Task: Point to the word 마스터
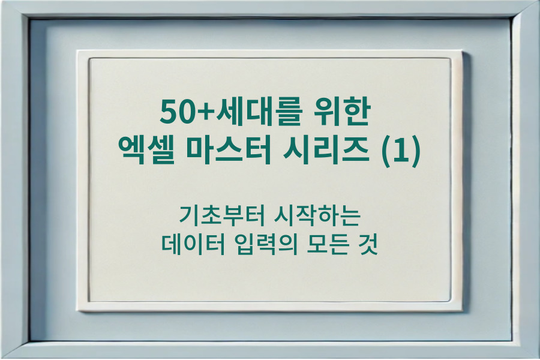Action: coord(225,149)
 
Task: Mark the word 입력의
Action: coord(263,245)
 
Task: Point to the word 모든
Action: coord(328,245)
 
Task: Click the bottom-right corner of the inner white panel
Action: coord(450,301)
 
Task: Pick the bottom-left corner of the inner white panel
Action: coord(90,301)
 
